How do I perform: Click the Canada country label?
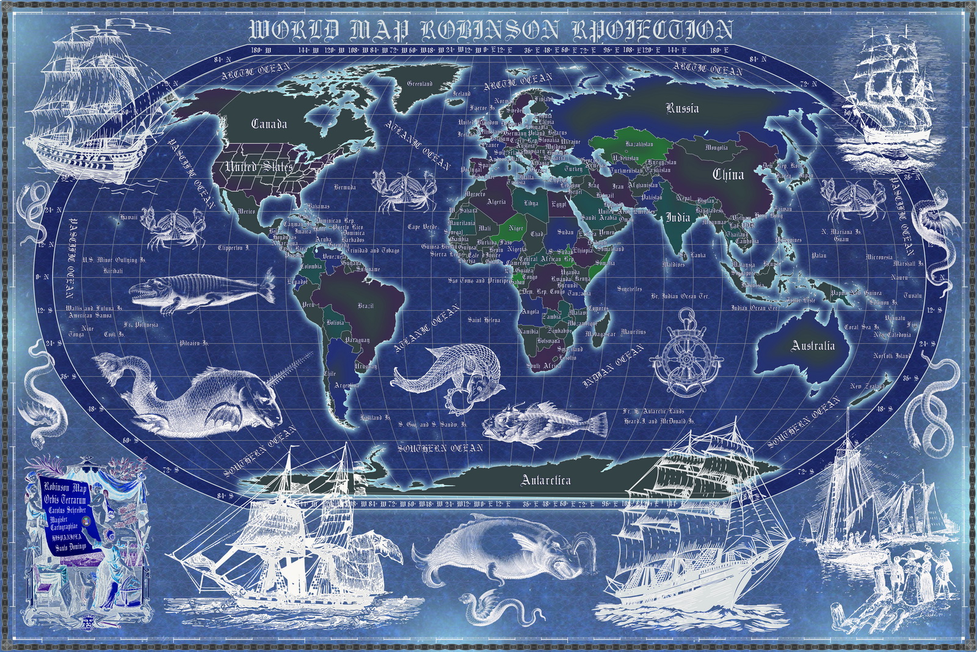269,124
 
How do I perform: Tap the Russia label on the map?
682,109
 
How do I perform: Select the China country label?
728,175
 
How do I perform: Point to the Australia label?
813,346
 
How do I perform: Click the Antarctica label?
546,480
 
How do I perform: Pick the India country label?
678,218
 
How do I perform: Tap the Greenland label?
419,84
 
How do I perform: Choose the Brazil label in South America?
366,306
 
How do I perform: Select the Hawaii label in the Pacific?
129,217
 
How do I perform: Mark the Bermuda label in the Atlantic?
345,187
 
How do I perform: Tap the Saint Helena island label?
484,320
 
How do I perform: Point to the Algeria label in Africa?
496,202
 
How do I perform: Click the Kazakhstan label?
639,144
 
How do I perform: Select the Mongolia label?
716,147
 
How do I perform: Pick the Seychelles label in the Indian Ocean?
630,288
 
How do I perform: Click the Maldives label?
674,265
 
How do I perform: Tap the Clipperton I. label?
233,248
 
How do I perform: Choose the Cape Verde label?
423,227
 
